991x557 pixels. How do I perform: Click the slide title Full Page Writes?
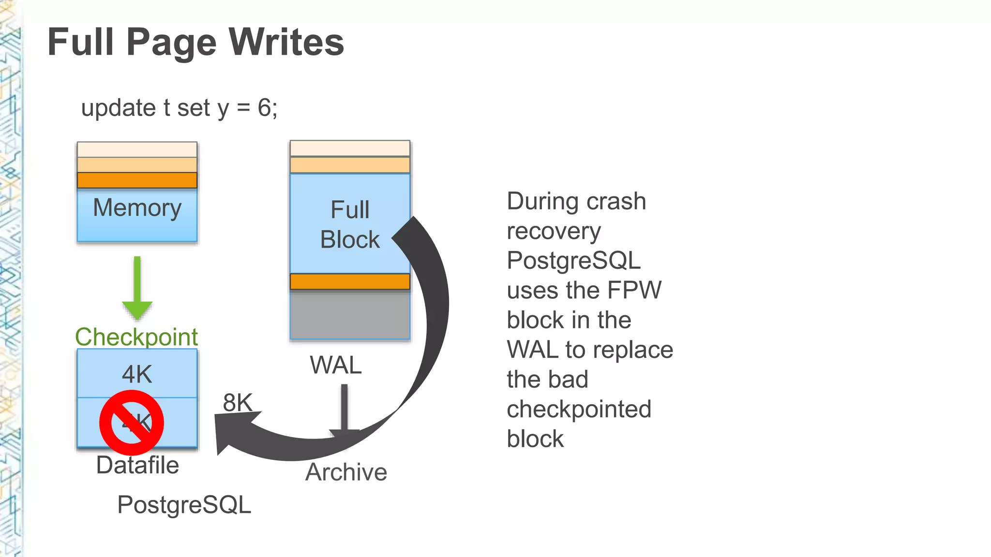tap(195, 43)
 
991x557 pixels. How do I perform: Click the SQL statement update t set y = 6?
tap(179, 108)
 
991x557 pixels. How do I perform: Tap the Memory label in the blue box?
tap(137, 208)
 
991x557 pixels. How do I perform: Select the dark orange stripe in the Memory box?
tap(137, 180)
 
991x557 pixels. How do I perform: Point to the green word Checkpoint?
tap(136, 337)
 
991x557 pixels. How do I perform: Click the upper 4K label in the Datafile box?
tap(137, 374)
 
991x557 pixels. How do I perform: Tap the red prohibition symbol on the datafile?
tap(132, 423)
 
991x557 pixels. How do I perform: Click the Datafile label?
tap(137, 465)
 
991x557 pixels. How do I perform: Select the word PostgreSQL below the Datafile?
tap(184, 505)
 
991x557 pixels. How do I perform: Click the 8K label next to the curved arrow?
tap(238, 402)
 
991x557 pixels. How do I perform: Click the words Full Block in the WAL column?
tap(350, 225)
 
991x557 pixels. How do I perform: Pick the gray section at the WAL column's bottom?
tap(350, 314)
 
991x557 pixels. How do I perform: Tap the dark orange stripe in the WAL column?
tap(350, 281)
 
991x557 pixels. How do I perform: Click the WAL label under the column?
tap(336, 365)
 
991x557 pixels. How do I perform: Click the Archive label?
tap(346, 472)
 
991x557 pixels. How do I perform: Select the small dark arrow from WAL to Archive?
tap(345, 409)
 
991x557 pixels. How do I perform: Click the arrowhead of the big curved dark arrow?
tap(232, 430)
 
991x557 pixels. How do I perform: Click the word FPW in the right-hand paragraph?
tap(634, 290)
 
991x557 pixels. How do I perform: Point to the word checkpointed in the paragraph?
tap(579, 409)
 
